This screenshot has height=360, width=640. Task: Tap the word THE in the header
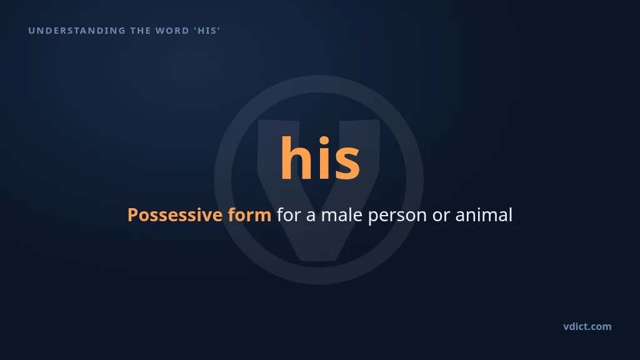(140, 31)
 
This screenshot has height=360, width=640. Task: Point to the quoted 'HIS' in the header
(207, 31)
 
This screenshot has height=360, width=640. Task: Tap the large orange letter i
(324, 157)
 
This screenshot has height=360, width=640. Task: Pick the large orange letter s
(347, 163)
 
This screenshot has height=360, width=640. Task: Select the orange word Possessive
(175, 216)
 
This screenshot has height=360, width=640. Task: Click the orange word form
(249, 215)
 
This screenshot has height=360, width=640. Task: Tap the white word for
(289, 215)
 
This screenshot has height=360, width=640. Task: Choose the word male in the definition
(342, 215)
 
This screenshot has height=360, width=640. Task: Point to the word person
(397, 216)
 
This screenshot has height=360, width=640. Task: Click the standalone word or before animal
(441, 216)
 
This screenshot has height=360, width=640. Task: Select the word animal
(484, 215)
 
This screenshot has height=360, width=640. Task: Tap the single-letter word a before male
(311, 216)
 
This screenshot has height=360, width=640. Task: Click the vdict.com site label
(587, 326)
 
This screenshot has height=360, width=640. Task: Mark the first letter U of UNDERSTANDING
(31, 31)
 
